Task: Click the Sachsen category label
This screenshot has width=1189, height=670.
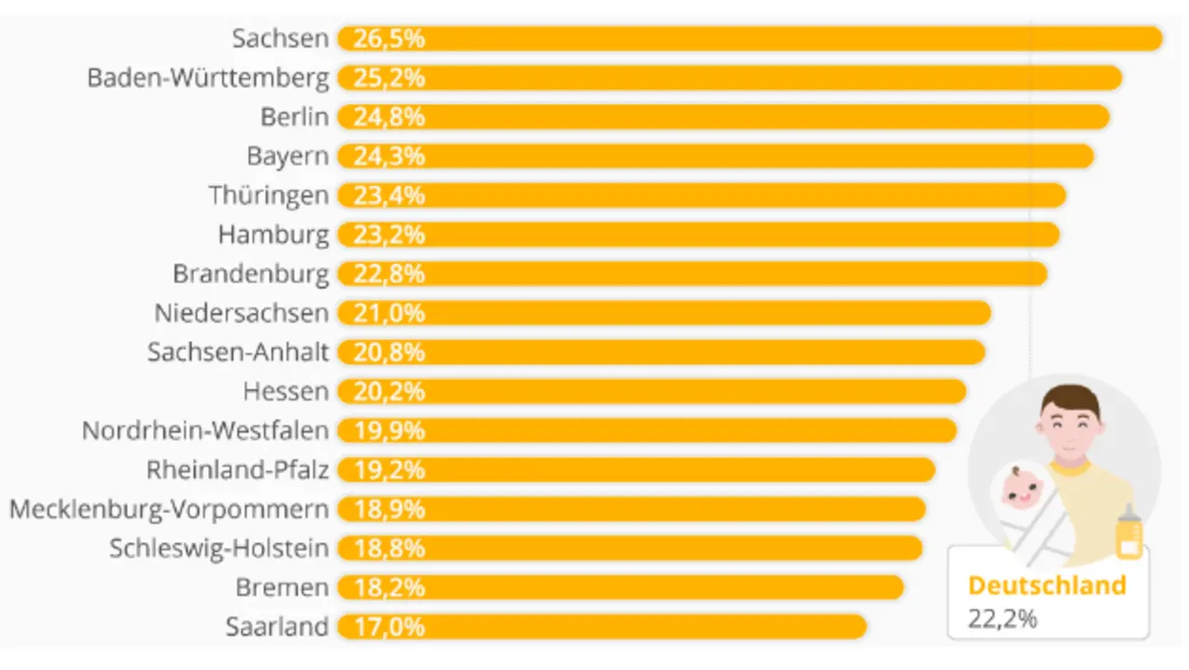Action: (x=280, y=38)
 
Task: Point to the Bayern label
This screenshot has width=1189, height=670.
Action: (x=287, y=156)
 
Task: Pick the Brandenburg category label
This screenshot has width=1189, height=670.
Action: (x=251, y=274)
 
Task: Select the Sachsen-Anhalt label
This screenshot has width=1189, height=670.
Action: (x=238, y=352)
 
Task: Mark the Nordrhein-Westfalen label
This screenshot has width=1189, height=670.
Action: (x=205, y=431)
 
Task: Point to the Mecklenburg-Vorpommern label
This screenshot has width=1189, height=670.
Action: (x=169, y=509)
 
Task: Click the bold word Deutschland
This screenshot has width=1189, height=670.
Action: (x=1047, y=585)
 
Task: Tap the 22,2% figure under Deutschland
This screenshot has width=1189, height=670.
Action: (x=1002, y=618)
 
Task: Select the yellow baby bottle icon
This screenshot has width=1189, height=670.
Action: (x=1130, y=534)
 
